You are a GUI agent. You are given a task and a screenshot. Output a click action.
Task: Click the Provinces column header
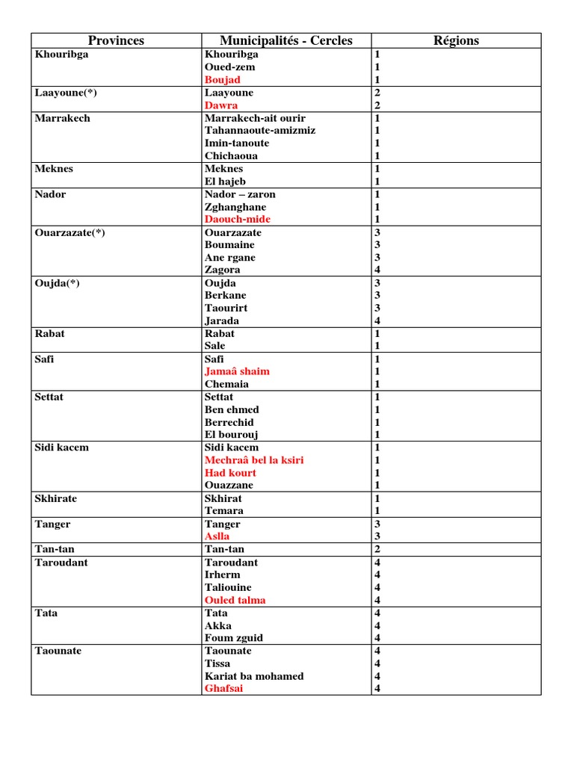(x=116, y=40)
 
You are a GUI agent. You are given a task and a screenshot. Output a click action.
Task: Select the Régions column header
(x=456, y=40)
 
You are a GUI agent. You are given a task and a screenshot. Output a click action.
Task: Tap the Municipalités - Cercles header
(x=286, y=40)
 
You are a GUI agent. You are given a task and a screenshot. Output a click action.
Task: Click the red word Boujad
(x=222, y=80)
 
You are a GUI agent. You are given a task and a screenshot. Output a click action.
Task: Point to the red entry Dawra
(x=221, y=105)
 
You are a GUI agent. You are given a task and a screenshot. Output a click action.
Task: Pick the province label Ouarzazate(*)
(x=70, y=232)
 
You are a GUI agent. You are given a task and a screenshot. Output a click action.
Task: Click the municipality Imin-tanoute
(x=237, y=143)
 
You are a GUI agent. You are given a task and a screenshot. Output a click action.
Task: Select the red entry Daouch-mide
(x=238, y=219)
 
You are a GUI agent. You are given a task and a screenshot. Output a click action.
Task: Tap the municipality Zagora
(x=223, y=270)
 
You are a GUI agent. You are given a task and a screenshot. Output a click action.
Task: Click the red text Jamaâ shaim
(x=237, y=371)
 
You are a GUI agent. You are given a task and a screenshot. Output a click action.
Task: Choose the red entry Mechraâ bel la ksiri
(x=254, y=460)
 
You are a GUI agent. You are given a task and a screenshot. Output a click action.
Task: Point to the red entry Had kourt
(x=230, y=473)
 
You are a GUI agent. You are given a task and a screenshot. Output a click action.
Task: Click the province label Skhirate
(x=56, y=498)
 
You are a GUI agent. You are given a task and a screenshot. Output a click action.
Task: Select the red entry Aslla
(x=217, y=536)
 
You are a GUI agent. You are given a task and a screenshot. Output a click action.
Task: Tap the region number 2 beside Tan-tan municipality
(x=377, y=549)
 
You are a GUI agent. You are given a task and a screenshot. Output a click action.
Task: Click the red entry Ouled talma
(x=235, y=600)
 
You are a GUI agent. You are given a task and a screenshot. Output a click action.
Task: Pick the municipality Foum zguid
(x=234, y=638)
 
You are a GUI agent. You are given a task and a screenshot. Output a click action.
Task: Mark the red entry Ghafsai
(x=223, y=689)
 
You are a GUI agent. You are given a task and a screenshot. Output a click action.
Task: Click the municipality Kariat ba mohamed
(x=254, y=676)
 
